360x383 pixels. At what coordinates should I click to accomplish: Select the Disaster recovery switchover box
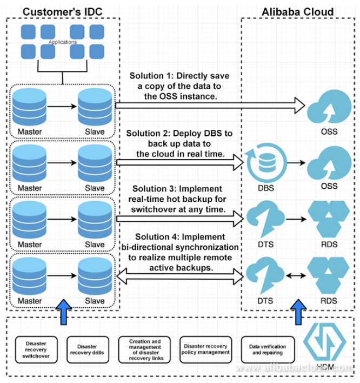pos(36,349)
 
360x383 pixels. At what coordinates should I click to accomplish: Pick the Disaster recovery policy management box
pos(205,349)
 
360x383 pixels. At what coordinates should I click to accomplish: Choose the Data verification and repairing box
pos(268,349)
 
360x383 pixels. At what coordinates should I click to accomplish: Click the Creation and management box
pos(145,349)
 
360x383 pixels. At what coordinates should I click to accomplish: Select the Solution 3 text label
pos(179,199)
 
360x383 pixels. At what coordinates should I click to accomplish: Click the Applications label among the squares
pos(63,42)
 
